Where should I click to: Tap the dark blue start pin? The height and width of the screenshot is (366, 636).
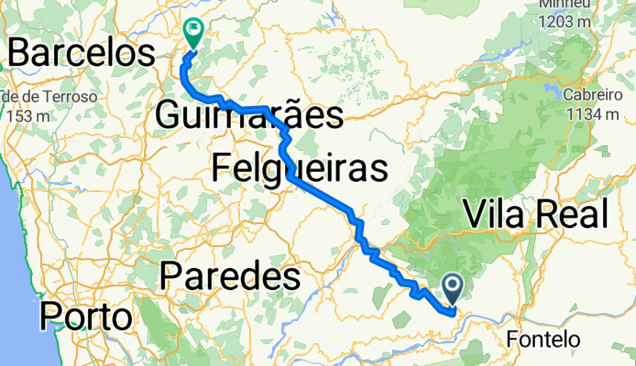coord(453,288)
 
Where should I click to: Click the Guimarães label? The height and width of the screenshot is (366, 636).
coord(248,116)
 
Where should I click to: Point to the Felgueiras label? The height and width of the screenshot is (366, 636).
coord(298,168)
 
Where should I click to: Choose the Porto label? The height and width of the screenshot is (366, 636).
coord(84,317)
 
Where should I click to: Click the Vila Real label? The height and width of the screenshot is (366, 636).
coord(535,214)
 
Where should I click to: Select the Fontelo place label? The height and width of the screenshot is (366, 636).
coord(543,339)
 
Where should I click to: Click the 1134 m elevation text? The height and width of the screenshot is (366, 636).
coord(593,114)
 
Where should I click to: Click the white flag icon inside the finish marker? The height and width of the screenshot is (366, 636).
coord(194,28)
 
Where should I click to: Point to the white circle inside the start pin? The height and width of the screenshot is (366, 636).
coord(453,285)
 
